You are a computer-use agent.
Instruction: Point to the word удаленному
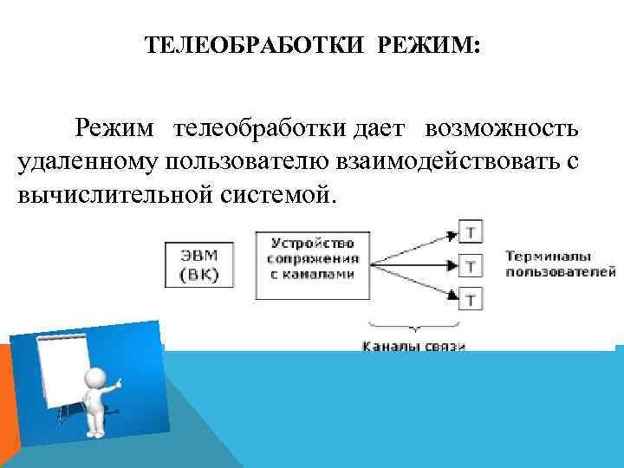click(x=83, y=161)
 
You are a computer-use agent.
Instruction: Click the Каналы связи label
click(x=413, y=346)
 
